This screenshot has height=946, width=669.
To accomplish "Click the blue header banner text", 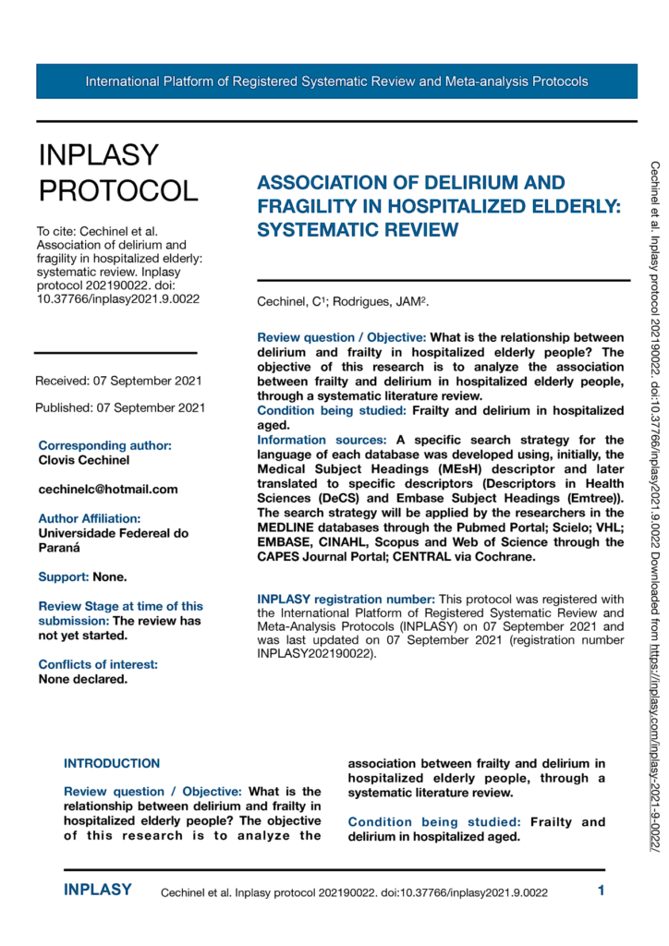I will [336, 81].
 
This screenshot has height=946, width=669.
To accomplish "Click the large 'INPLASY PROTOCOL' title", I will [118, 173].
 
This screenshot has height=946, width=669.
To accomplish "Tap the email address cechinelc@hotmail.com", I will [108, 489].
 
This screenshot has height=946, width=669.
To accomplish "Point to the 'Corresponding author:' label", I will [104, 445].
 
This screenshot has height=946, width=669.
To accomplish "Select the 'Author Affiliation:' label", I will [90, 518].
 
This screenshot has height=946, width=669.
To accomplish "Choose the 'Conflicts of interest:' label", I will [98, 664].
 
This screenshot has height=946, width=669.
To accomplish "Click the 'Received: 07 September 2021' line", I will [119, 381].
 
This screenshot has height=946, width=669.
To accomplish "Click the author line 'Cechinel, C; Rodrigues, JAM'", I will [343, 302].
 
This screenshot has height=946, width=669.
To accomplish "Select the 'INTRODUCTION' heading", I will [112, 764].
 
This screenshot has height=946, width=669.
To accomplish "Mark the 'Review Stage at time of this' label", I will [121, 606].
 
